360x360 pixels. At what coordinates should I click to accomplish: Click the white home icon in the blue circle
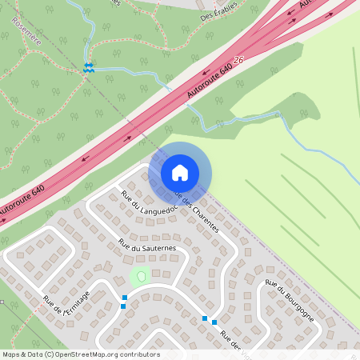click(x=180, y=172)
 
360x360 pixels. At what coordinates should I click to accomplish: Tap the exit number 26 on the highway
click(x=238, y=61)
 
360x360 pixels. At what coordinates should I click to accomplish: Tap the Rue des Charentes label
click(x=197, y=211)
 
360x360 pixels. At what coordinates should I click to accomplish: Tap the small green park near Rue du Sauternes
click(x=141, y=277)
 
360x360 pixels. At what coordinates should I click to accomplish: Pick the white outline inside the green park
click(x=142, y=276)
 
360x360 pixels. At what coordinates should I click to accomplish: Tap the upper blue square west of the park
click(x=124, y=298)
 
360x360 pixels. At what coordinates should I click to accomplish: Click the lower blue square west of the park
click(x=123, y=305)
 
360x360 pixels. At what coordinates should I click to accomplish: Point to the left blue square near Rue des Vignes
click(x=205, y=318)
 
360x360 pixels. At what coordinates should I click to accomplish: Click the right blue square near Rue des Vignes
click(x=214, y=322)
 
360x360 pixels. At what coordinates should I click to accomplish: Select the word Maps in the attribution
click(x=11, y=354)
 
